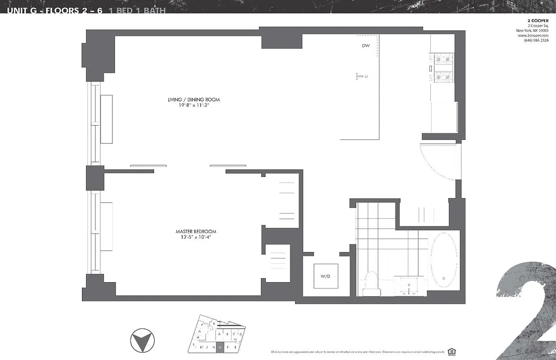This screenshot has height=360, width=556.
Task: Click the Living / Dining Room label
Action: pyautogui.click(x=193, y=99)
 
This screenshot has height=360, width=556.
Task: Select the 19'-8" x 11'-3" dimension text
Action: pyautogui.click(x=193, y=105)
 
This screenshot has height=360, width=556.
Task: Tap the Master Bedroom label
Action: pyautogui.click(x=193, y=231)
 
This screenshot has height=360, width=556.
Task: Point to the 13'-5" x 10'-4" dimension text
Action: pyautogui.click(x=193, y=237)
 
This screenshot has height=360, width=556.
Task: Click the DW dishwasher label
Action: pyautogui.click(x=365, y=46)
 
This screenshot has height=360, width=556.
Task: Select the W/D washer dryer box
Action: pyautogui.click(x=326, y=276)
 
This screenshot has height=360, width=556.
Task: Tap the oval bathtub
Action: pyautogui.click(x=444, y=260)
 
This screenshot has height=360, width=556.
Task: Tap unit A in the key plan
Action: pyautogui.click(x=220, y=334)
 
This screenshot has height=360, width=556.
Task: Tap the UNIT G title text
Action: pyautogui.click(x=27, y=9)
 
